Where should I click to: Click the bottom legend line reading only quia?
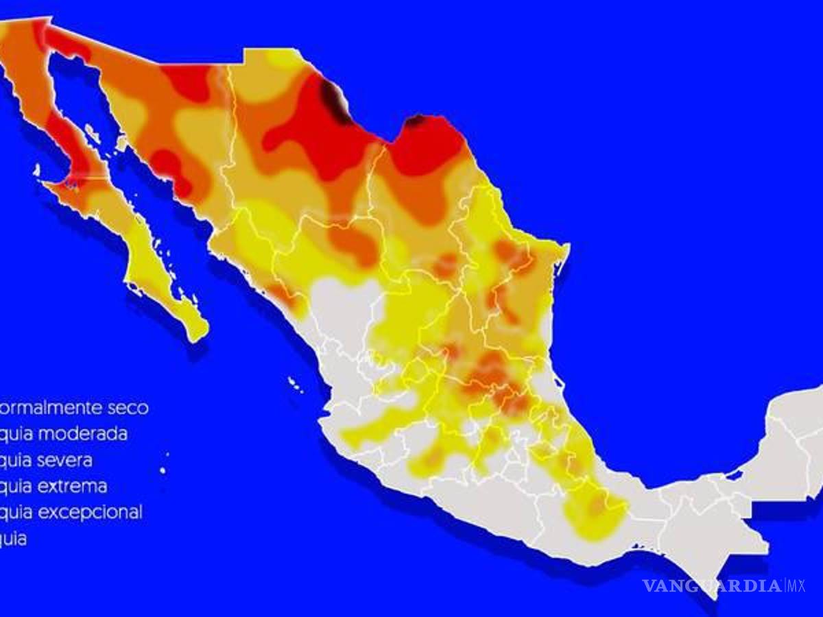[x=14, y=539]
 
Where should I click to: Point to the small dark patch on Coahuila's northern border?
[x=415, y=122]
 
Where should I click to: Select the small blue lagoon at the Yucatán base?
[x=735, y=474]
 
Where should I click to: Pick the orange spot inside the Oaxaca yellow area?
[x=598, y=505]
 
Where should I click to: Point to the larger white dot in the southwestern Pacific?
[x=163, y=470]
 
